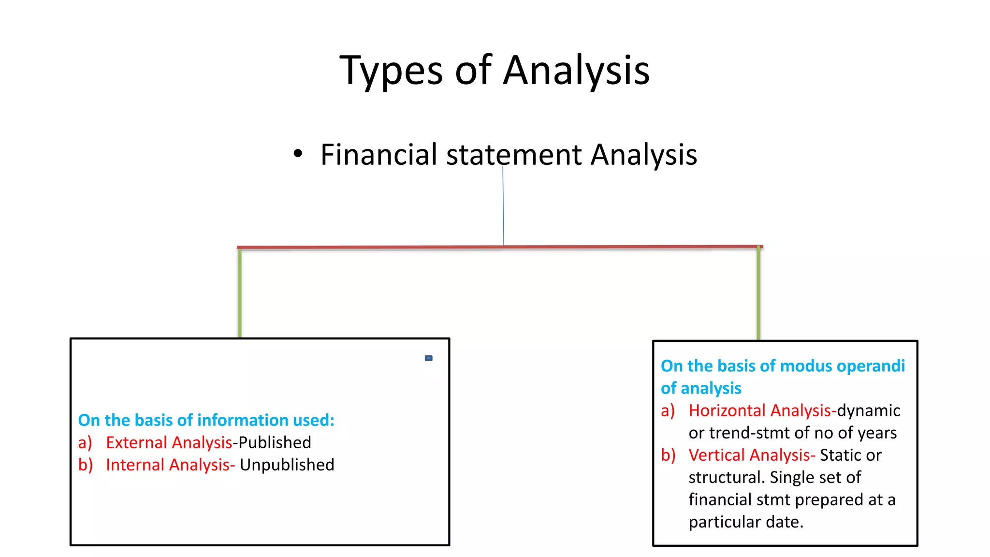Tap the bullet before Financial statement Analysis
coord(298,154)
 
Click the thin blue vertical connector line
coord(503,208)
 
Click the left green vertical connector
coord(240,293)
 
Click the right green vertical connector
coord(758,293)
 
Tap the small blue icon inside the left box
coord(428,358)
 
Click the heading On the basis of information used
coord(206,420)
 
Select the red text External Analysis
coord(169,442)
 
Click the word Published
coord(275,442)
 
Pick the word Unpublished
coord(287,465)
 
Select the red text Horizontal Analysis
coord(761,410)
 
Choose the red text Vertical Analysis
coord(751,455)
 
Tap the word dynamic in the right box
coord(868,410)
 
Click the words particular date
coord(745,522)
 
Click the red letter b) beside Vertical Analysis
coord(668,455)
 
